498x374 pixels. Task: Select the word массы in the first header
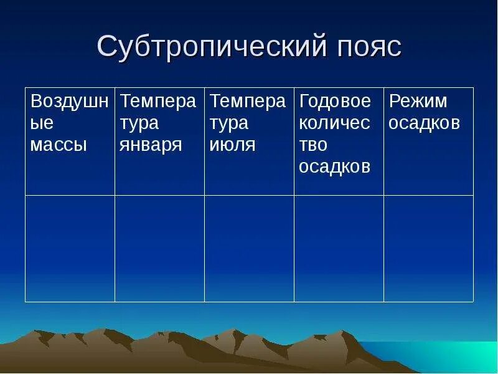(x=59, y=145)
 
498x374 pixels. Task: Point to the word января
(x=151, y=145)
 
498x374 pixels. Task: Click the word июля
(x=232, y=145)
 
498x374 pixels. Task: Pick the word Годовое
(x=335, y=101)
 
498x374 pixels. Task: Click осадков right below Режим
(x=425, y=123)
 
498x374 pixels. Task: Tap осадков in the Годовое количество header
(x=335, y=167)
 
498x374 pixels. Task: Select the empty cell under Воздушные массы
(x=70, y=248)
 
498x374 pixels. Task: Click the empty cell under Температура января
(x=159, y=248)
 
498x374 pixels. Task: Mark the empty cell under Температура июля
(x=249, y=248)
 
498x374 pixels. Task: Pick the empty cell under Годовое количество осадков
(x=339, y=248)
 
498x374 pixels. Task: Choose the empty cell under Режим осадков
(x=428, y=248)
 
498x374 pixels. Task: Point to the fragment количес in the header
(x=334, y=123)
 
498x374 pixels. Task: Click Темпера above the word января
(x=158, y=101)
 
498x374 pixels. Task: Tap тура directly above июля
(x=228, y=123)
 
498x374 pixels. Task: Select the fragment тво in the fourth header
(x=313, y=145)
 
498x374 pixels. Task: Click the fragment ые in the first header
(x=42, y=123)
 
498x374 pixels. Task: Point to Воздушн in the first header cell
(x=69, y=101)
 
